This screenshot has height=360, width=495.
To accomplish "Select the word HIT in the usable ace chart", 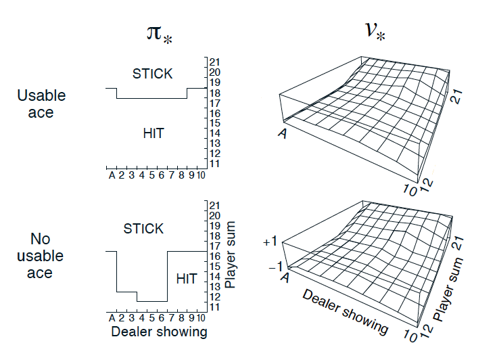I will (x=154, y=133).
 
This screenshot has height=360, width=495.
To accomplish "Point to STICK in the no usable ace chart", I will (x=143, y=229).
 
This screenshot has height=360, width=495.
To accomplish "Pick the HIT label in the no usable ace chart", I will (x=187, y=278).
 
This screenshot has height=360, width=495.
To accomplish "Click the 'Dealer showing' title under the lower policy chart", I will (x=159, y=332).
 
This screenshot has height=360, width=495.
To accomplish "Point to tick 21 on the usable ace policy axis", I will (x=215, y=62).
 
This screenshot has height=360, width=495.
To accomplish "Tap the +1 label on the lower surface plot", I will (x=270, y=241).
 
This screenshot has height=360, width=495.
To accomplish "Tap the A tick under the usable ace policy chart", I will (x=112, y=176).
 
